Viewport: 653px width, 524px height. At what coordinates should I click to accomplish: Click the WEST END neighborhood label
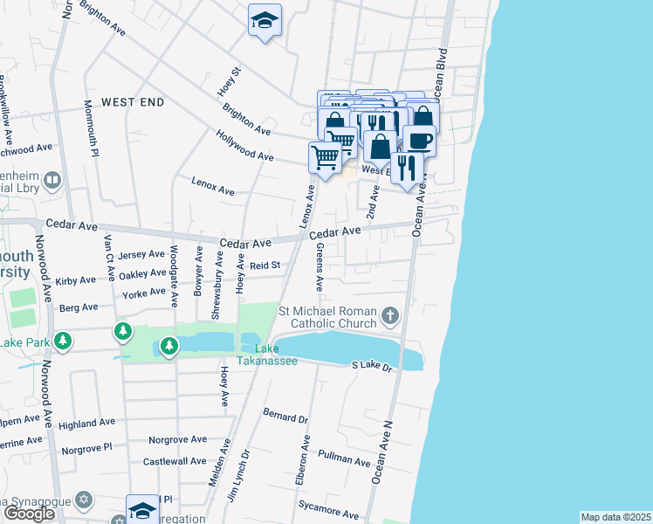133,102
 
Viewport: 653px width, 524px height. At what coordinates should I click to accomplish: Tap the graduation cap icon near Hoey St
265,21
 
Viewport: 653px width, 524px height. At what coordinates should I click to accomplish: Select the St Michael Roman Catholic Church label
327,321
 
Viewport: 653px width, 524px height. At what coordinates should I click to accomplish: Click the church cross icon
390,314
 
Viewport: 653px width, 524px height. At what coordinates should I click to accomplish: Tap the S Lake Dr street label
374,367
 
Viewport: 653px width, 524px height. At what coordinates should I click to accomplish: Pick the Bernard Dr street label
285,414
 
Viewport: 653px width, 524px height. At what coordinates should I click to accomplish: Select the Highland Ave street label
87,423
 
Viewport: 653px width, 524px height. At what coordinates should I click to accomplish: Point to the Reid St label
265,265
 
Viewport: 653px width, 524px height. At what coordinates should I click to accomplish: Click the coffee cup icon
419,140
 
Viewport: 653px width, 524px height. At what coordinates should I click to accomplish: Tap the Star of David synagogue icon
84,500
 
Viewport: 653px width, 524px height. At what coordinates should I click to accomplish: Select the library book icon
52,181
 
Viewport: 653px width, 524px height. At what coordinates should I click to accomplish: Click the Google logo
29,514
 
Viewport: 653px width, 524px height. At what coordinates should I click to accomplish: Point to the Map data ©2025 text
615,517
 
